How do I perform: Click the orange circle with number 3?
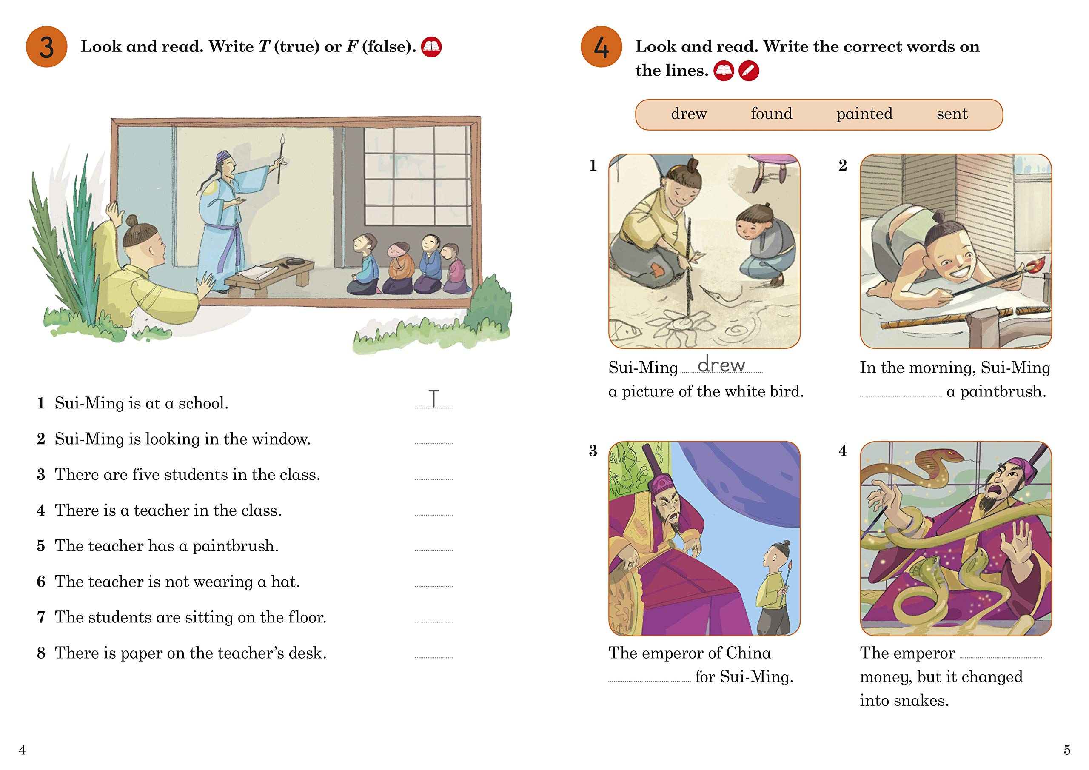click(x=46, y=46)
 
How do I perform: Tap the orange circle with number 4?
click(x=602, y=46)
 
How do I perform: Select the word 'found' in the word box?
click(x=771, y=114)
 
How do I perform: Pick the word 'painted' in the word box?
click(x=864, y=114)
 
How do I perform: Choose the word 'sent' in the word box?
click(x=952, y=114)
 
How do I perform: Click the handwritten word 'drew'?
click(x=721, y=364)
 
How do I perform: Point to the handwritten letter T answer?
click(x=433, y=398)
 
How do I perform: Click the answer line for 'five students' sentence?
click(x=433, y=479)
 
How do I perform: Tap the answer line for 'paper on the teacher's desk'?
click(x=433, y=658)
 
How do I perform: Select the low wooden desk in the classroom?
click(x=268, y=276)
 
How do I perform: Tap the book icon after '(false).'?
click(x=432, y=47)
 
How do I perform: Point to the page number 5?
click(x=1067, y=750)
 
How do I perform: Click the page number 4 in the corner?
click(x=22, y=750)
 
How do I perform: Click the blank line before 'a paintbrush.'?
click(x=901, y=396)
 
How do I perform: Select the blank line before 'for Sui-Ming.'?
click(x=649, y=681)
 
